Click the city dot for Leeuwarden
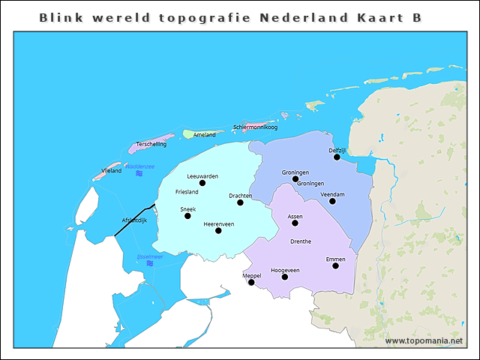[x=202, y=183]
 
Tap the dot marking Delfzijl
[x=337, y=157]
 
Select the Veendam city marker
[x=332, y=201]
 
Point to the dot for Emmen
[x=335, y=265]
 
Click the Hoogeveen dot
[x=285, y=277]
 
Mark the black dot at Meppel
[x=251, y=283]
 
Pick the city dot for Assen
[x=295, y=223]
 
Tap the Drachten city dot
[x=240, y=202]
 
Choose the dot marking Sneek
[x=187, y=216]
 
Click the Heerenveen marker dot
[x=218, y=230]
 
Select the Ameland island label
[x=204, y=135]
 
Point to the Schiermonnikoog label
[x=255, y=127]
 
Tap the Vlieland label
[x=112, y=172]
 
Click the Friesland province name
[x=187, y=192]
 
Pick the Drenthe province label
[x=300, y=241]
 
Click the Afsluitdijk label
[x=135, y=220]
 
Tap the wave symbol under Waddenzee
[x=139, y=174]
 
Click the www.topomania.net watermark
[x=424, y=341]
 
